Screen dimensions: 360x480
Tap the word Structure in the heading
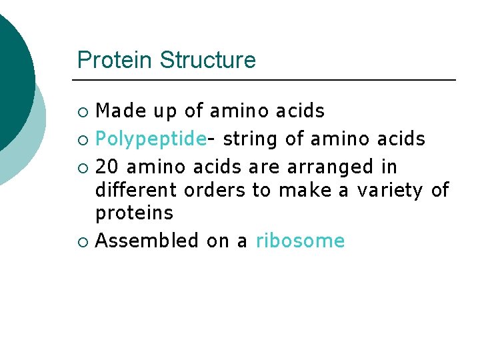(x=207, y=60)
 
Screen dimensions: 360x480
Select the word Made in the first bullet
(x=117, y=111)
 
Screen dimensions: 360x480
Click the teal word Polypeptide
(x=151, y=139)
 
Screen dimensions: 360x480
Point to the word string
(x=251, y=139)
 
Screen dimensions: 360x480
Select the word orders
(x=215, y=190)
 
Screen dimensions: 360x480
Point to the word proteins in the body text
(x=134, y=213)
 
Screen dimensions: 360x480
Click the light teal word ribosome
(x=300, y=241)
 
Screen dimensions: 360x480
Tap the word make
(x=305, y=190)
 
